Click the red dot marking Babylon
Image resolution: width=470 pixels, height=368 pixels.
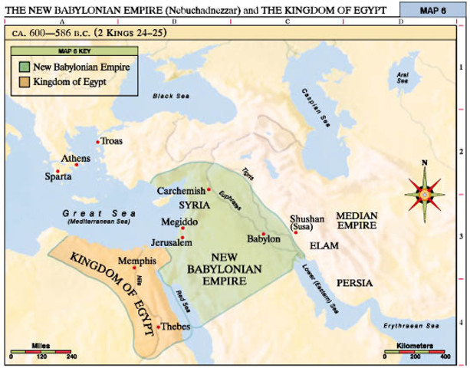point(263,234)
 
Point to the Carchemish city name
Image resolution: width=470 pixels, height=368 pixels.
point(182,190)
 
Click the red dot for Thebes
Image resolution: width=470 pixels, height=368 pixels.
point(159,327)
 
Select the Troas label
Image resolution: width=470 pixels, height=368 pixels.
point(111,142)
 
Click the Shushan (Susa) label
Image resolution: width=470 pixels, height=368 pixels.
point(307,223)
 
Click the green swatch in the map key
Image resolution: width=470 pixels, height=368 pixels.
point(24,67)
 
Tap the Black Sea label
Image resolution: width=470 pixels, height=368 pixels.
point(169,97)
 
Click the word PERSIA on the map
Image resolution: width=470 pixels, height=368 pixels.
point(353,283)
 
